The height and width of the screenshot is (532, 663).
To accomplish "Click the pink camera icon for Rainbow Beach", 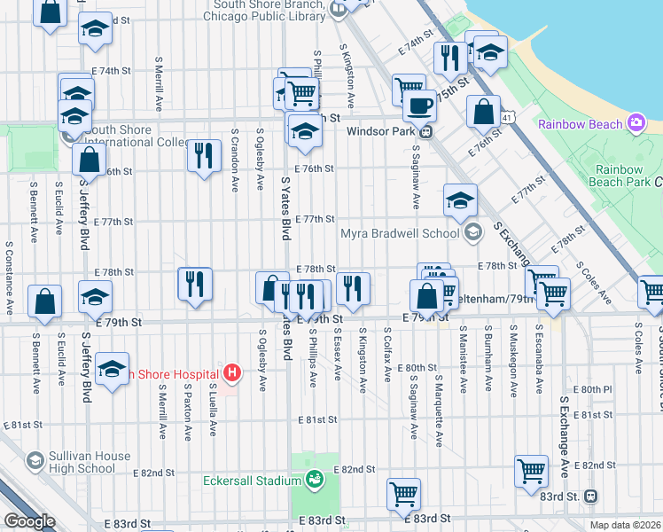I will (x=636, y=123).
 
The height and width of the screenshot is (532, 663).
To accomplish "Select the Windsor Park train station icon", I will (x=426, y=132).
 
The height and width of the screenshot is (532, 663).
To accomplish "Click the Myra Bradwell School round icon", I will (x=472, y=234).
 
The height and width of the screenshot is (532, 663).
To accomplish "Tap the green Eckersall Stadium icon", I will (x=314, y=481).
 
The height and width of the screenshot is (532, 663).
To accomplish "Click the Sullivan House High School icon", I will (x=35, y=461).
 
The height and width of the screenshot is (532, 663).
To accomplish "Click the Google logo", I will (x=30, y=521).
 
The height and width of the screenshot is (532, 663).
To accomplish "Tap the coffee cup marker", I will (x=419, y=106).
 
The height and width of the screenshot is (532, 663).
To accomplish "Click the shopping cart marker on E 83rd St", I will (x=403, y=494).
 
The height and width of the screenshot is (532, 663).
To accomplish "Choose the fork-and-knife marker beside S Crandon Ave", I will (x=204, y=156).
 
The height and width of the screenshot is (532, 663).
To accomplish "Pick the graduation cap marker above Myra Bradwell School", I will (x=460, y=200).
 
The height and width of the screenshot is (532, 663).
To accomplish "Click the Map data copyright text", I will (x=626, y=525).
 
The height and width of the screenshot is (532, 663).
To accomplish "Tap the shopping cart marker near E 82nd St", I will (x=531, y=471).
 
